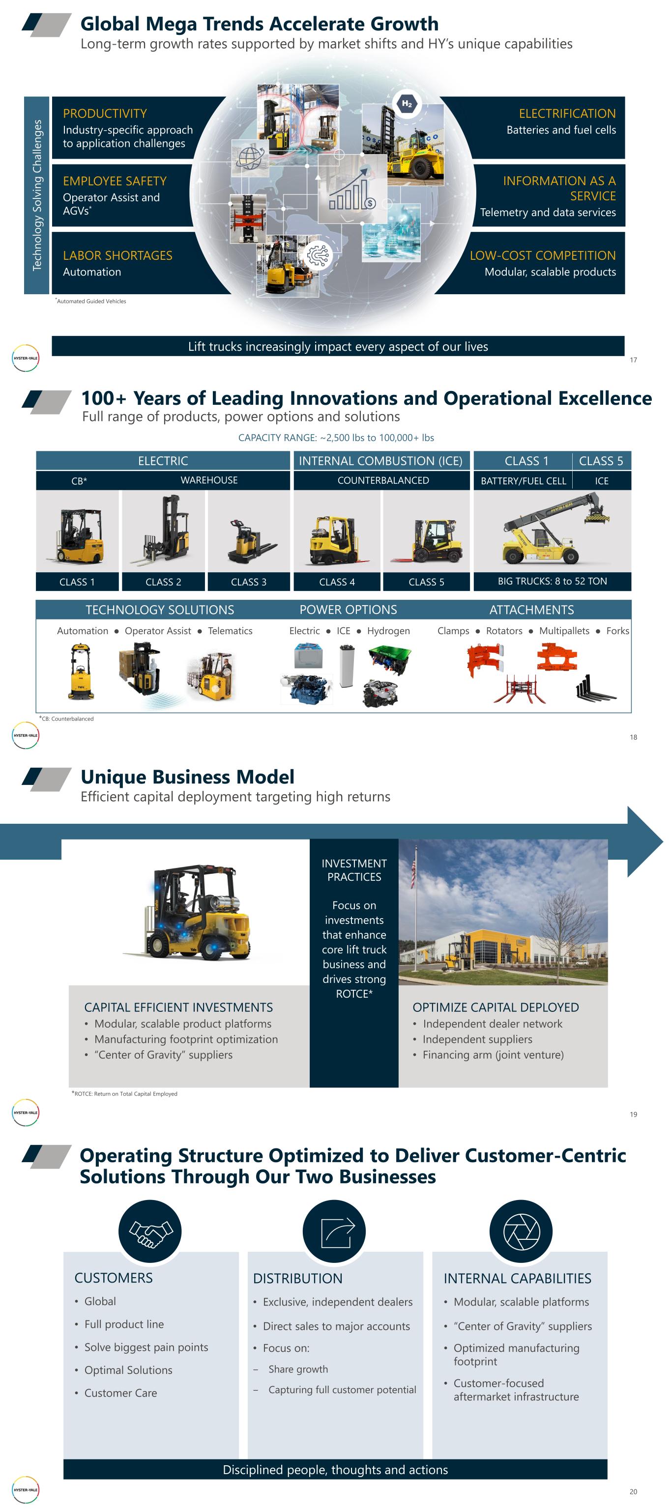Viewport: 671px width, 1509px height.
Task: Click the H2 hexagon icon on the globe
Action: pyautogui.click(x=407, y=104)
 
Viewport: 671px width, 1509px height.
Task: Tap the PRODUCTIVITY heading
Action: pyautogui.click(x=105, y=113)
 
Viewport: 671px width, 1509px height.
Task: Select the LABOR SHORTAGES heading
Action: pyautogui.click(x=118, y=255)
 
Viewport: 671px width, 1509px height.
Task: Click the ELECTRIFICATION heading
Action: pyautogui.click(x=567, y=113)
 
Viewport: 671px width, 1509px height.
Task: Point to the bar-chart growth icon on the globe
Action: pyautogui.click(x=352, y=188)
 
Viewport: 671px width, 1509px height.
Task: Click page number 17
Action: pyautogui.click(x=634, y=360)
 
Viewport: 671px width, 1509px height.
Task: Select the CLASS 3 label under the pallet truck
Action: pyautogui.click(x=248, y=582)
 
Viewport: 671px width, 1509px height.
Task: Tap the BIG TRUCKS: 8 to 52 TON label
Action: pyautogui.click(x=553, y=581)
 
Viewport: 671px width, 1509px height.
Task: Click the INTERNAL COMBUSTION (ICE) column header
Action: pyautogui.click(x=381, y=461)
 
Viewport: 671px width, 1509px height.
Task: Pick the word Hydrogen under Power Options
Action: pyautogui.click(x=388, y=631)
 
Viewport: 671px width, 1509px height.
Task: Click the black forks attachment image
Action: pyautogui.click(x=595, y=688)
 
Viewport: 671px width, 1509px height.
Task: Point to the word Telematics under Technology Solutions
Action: pyautogui.click(x=231, y=631)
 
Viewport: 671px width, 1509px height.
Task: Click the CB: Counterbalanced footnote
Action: pyautogui.click(x=66, y=719)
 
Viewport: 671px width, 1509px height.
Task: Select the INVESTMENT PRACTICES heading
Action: pyautogui.click(x=354, y=870)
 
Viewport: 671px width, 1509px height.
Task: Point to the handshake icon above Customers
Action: pyautogui.click(x=150, y=1231)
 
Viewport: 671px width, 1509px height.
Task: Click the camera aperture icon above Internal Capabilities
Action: pyautogui.click(x=521, y=1231)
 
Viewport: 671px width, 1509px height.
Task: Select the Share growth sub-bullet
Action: pyautogui.click(x=298, y=1369)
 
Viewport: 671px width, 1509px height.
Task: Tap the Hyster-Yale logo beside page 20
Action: pyautogui.click(x=26, y=1490)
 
